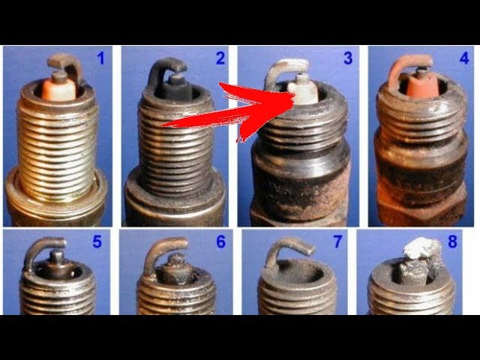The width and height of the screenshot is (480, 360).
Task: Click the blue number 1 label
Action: point(100,58)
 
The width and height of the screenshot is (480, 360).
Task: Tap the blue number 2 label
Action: point(220,58)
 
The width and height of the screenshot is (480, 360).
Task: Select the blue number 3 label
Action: point(348,58)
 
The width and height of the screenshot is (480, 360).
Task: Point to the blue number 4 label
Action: point(464,58)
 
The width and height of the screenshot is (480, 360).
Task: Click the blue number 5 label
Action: point(97,241)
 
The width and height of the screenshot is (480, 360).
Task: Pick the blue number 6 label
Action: point(220,241)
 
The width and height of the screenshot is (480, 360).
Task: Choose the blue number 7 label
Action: point(337,241)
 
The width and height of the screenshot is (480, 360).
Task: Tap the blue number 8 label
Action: point(452,241)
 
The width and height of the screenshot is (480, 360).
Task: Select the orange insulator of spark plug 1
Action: point(59,89)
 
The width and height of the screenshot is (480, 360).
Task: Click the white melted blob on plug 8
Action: point(421,247)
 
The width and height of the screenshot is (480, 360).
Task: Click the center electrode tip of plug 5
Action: point(57,255)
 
